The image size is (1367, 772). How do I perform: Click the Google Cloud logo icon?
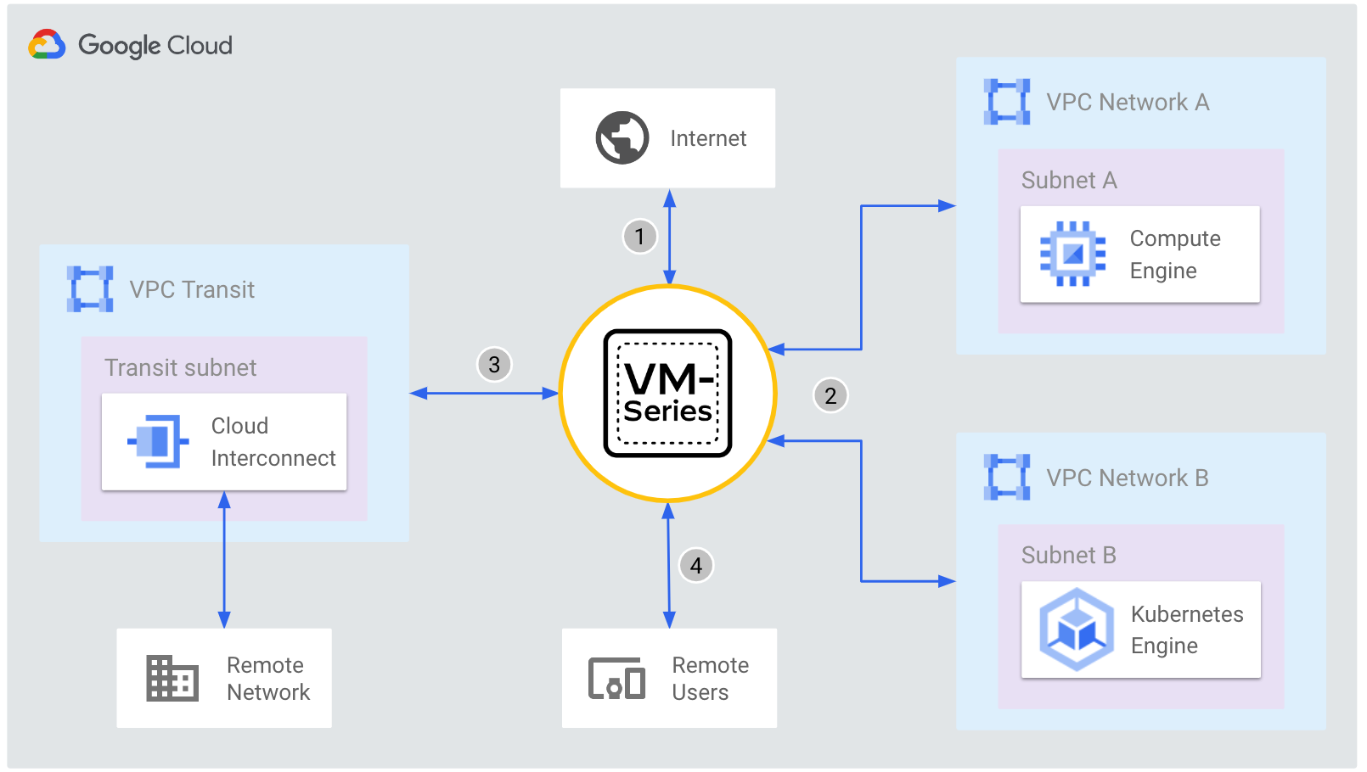tap(47, 44)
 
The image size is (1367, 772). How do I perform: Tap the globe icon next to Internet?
tap(622, 137)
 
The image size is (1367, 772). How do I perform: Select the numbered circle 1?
tap(639, 236)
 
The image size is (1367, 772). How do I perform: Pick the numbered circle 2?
tap(830, 395)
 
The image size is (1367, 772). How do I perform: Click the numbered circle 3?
tap(494, 365)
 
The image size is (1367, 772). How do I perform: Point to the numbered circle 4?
tap(696, 565)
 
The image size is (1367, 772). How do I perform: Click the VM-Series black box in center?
tap(667, 394)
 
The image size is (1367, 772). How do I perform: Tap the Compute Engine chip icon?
tap(1072, 254)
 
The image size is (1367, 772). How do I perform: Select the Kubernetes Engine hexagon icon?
tap(1077, 629)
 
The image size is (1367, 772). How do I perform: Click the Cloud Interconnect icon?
tap(159, 441)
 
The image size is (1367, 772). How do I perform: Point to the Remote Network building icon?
tap(172, 678)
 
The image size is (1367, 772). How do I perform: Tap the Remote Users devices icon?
tap(616, 678)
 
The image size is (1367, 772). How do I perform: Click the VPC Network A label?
tap(1127, 103)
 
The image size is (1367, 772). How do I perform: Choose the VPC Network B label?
tap(1127, 478)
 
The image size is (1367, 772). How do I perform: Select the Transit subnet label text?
tap(180, 368)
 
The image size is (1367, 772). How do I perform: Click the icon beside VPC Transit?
tap(90, 289)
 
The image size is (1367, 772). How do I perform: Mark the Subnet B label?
tap(1068, 556)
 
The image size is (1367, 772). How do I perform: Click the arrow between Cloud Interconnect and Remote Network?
tap(224, 560)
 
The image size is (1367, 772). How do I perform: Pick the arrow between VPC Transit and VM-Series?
tap(484, 393)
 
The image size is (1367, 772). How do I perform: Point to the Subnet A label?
tap(1068, 181)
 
